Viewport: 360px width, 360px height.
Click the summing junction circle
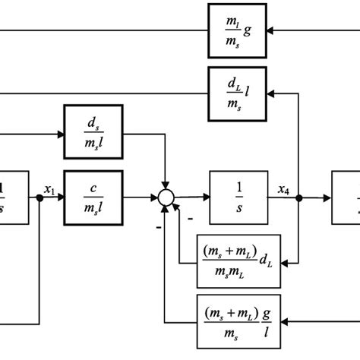[x=165, y=197]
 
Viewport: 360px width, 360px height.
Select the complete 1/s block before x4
[x=236, y=197]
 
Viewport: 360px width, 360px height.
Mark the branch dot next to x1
[x=39, y=198]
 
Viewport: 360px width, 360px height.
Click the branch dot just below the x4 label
[x=299, y=198]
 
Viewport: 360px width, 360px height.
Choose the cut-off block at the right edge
[x=346, y=197]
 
